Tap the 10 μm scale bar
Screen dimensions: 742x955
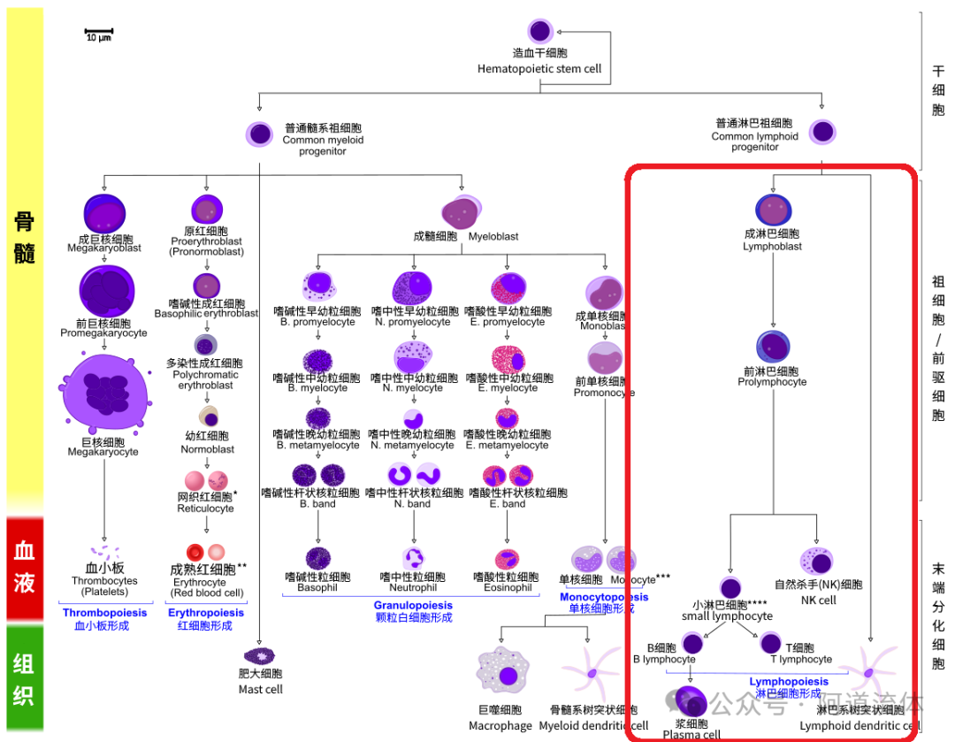pyautogui.click(x=99, y=34)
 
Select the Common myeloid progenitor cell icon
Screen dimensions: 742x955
pyautogui.click(x=259, y=134)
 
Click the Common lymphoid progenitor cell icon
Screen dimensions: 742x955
pyautogui.click(x=822, y=133)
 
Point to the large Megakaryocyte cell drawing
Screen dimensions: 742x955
pyautogui.click(x=103, y=394)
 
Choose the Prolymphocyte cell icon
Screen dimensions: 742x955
pyautogui.click(x=773, y=348)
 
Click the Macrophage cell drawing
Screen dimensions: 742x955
pyautogui.click(x=503, y=675)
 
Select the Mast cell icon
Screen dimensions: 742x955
pyautogui.click(x=260, y=655)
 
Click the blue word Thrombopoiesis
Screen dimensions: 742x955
pyautogui.click(x=104, y=612)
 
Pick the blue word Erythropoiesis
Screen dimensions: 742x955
pyautogui.click(x=206, y=612)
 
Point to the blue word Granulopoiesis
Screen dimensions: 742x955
pyautogui.click(x=413, y=606)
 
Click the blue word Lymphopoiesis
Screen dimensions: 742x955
pyautogui.click(x=789, y=681)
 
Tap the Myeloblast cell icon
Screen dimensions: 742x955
pyautogui.click(x=462, y=213)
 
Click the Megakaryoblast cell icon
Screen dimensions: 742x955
pyautogui.click(x=104, y=214)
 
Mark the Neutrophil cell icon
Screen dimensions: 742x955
pyautogui.click(x=413, y=559)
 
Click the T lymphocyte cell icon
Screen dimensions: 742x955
pyautogui.click(x=770, y=643)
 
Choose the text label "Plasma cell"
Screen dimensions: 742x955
pyautogui.click(x=692, y=734)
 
